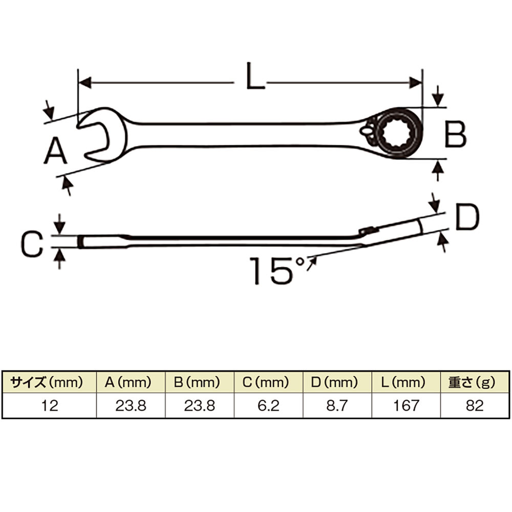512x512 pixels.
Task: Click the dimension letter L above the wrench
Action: [255, 76]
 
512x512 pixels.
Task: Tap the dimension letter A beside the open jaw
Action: [55, 151]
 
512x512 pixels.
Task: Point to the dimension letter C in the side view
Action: [32, 244]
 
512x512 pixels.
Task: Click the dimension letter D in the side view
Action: [467, 217]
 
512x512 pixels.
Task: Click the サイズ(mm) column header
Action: [47, 382]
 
